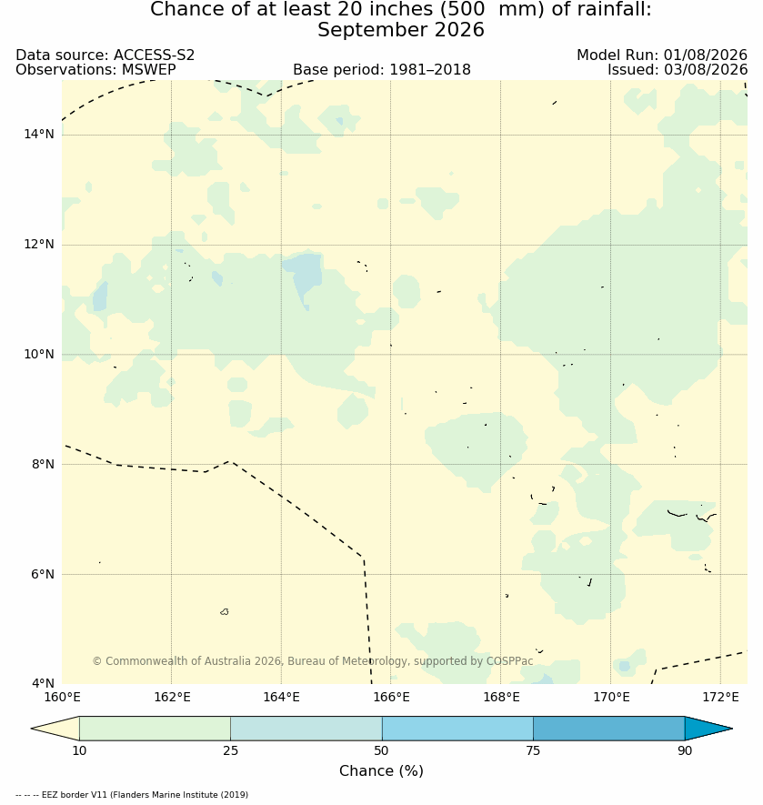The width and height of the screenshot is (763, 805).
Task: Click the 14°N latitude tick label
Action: coord(38,135)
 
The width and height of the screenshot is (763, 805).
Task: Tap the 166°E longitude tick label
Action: coord(391,697)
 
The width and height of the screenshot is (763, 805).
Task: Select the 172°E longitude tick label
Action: coord(720,697)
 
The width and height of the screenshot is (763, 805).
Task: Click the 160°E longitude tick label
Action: coord(62,697)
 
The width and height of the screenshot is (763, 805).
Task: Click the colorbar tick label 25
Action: coord(231,750)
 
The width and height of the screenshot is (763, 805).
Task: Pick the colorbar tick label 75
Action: coord(533,750)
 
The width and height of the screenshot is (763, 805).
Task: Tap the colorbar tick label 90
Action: coord(685,750)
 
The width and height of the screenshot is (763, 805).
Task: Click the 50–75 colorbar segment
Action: coord(457,729)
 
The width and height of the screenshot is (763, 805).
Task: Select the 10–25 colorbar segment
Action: coord(156,729)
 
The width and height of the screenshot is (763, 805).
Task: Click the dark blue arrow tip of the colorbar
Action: coord(731,729)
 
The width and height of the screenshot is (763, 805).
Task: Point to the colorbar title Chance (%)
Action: coord(382,770)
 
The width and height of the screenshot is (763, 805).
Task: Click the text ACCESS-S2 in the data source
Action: coord(154,55)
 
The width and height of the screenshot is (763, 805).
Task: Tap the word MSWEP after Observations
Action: coord(149,69)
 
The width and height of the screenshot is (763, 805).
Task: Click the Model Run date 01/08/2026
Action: coord(706,55)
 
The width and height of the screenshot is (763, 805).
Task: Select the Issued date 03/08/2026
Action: coord(706,69)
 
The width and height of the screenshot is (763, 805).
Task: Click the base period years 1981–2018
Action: coord(430,69)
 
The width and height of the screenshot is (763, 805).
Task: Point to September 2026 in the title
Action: coord(401,30)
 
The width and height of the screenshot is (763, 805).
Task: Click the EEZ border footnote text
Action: coord(132,795)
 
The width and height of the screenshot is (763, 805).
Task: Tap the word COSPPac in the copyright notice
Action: coord(511,660)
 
